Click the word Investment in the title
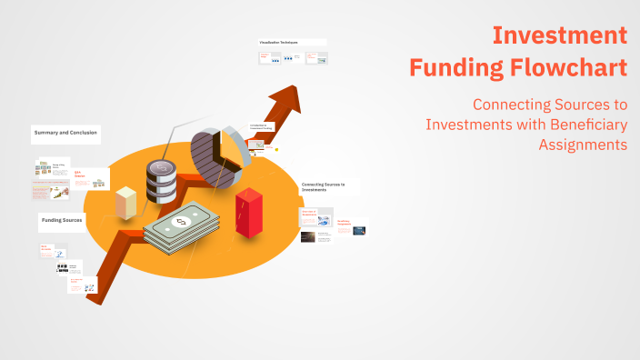click(559, 35)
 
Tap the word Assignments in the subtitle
click(582, 144)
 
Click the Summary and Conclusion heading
click(65, 133)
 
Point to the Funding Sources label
click(63, 221)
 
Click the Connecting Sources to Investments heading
click(324, 187)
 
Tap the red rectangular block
click(248, 213)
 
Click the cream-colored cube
click(126, 202)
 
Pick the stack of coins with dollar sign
click(161, 181)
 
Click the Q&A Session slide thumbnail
click(90, 179)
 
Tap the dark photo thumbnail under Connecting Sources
click(309, 237)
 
